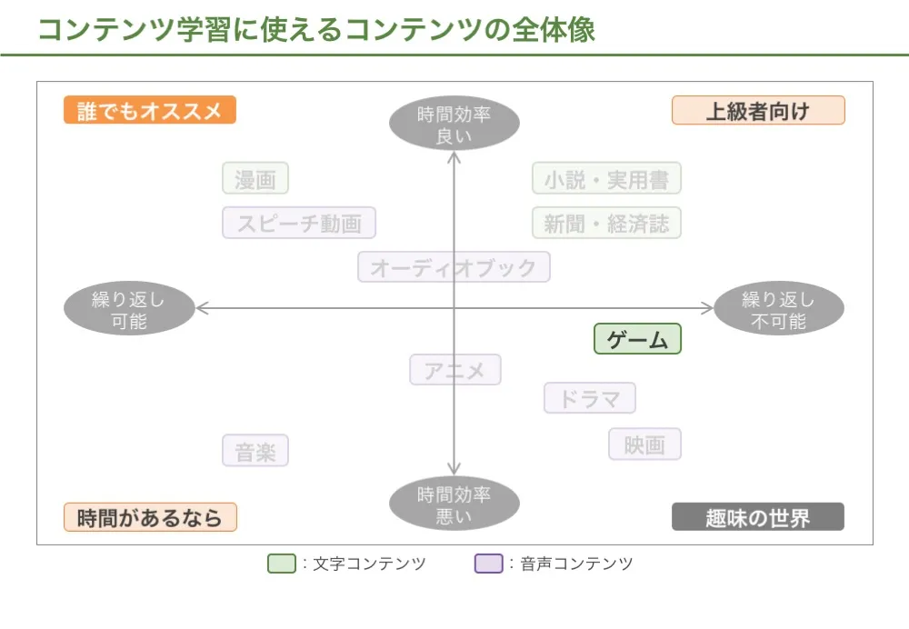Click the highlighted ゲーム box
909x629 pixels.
coord(637,339)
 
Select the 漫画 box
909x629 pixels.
coord(255,178)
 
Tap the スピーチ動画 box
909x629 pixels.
coord(299,223)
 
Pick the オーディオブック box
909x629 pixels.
coord(454,267)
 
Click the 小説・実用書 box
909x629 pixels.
coord(606,178)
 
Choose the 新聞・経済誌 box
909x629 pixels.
coord(606,223)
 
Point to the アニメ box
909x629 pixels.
coord(454,370)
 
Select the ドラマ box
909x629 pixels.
coord(590,398)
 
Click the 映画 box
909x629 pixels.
coord(644,444)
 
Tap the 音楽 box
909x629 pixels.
coord(255,451)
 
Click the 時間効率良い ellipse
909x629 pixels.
coord(454,125)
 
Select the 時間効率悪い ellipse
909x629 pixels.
coord(454,504)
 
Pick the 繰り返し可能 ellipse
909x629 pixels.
coord(129,310)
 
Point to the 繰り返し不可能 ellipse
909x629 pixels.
coord(778,310)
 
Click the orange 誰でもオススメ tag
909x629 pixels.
coord(150,110)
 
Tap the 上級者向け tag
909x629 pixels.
coord(758,110)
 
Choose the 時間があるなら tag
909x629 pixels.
coord(150,517)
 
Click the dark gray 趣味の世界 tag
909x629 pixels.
coord(758,517)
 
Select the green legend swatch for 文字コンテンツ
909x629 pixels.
coord(282,564)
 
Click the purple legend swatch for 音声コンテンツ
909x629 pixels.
coord(488,564)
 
